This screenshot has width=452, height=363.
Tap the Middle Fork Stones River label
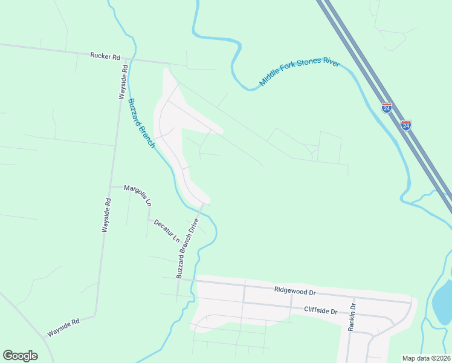[299, 73]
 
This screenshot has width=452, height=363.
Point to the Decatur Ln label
[167, 231]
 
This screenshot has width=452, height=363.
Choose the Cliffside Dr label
[320, 311]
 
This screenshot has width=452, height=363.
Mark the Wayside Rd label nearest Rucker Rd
[123, 82]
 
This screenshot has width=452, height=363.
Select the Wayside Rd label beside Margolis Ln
[106, 215]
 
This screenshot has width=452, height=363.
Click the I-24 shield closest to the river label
[386, 108]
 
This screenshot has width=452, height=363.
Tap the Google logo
[20, 356]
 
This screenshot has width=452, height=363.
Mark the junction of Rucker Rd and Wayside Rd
[126, 59]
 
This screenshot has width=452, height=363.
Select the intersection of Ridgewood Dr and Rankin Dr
[354, 298]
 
